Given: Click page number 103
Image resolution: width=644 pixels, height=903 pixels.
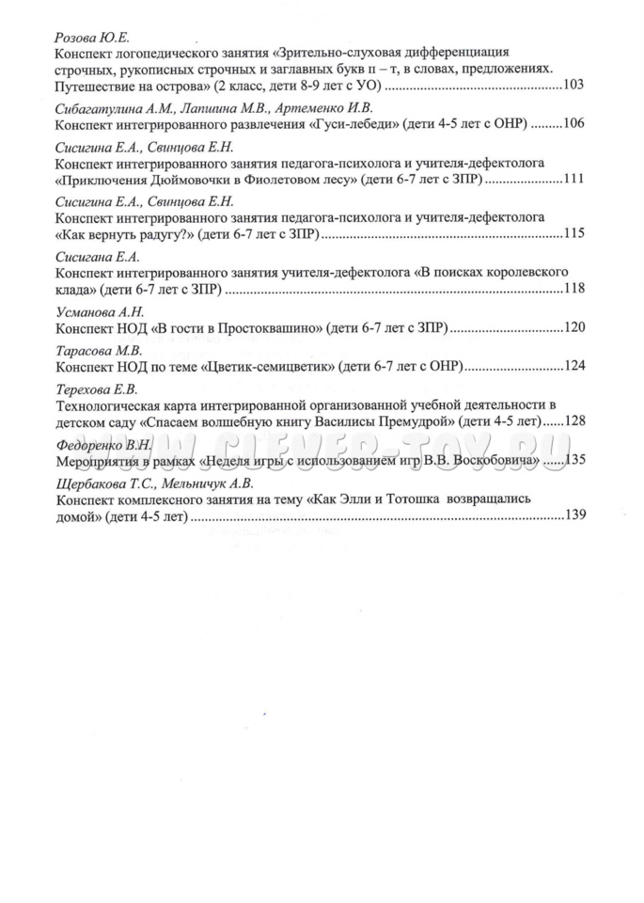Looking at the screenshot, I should (573, 86).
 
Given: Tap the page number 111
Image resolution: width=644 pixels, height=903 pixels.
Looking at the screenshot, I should (573, 179).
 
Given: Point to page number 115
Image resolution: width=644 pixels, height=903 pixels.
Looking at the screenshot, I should (573, 233).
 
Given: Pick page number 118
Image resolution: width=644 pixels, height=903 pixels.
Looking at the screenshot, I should (573, 288).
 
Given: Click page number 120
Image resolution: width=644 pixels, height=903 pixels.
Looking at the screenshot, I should (573, 327).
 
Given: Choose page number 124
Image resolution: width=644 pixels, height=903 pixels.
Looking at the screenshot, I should (573, 366).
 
